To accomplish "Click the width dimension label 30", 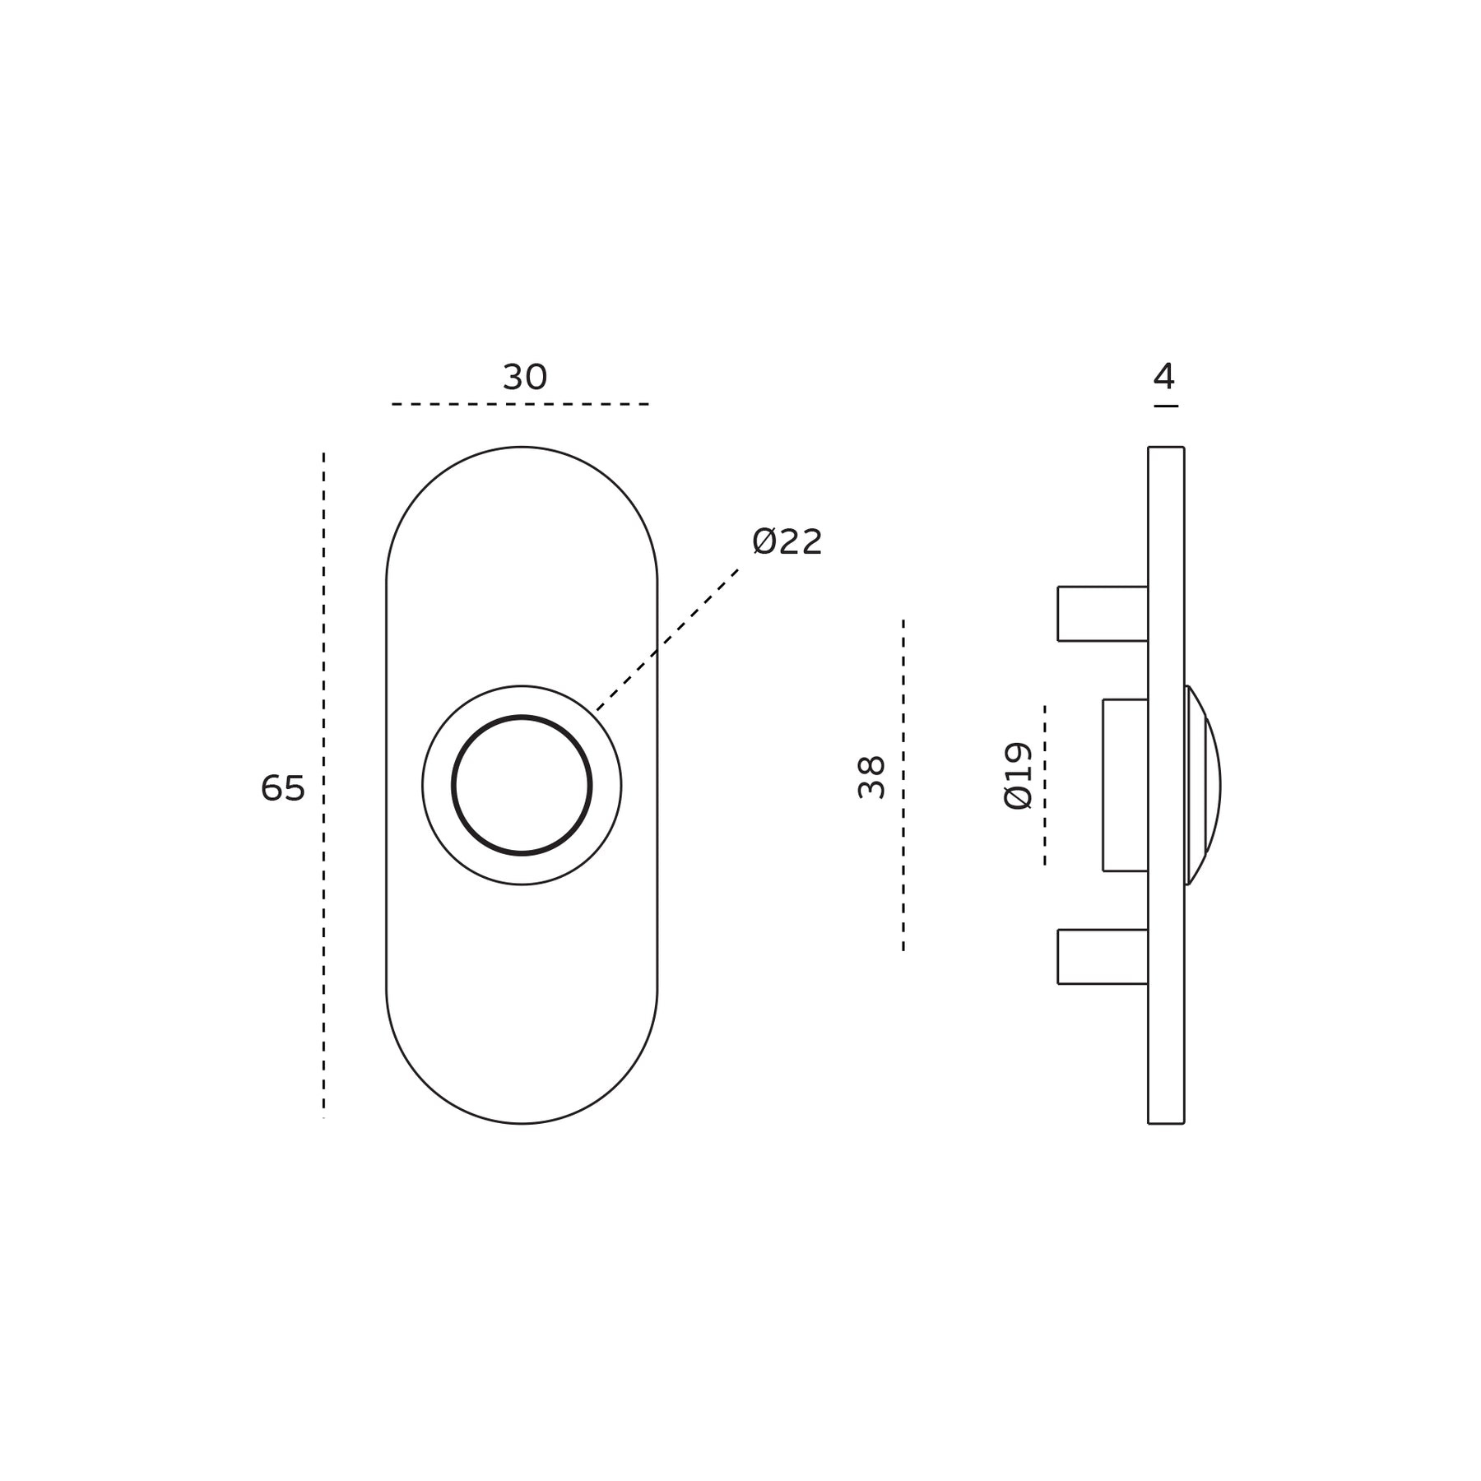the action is [x=525, y=378].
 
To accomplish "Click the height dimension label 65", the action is [x=283, y=788].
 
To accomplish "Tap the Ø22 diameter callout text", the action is [x=787, y=542].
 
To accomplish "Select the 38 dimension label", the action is [x=871, y=777].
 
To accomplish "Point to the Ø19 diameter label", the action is [x=1018, y=776].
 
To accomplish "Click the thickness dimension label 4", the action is [x=1164, y=377].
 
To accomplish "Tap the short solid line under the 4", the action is [x=1166, y=406].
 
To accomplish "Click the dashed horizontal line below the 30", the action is [x=521, y=404].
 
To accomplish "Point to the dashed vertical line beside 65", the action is [x=323, y=785].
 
